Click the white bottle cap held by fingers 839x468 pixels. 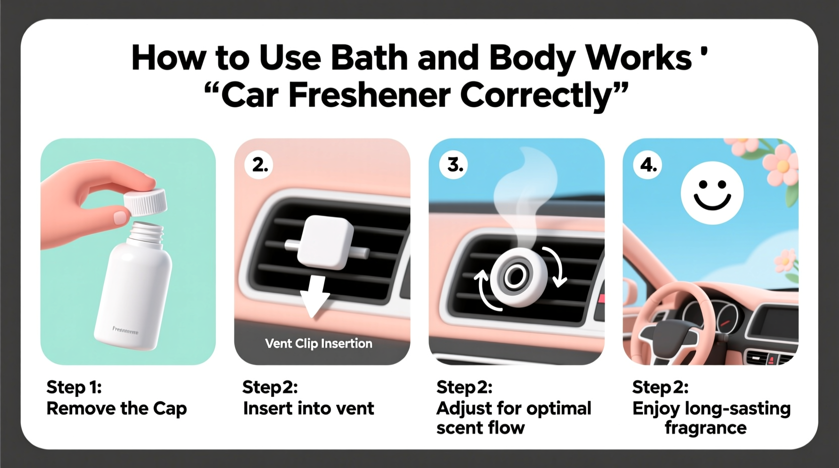(x=145, y=202)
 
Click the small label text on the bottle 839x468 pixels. (x=125, y=330)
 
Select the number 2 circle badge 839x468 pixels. (x=259, y=165)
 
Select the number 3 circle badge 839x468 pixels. (x=454, y=165)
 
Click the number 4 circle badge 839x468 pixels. (x=648, y=165)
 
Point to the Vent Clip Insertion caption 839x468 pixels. (x=319, y=343)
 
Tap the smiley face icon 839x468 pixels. (x=711, y=193)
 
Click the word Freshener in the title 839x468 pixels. (x=369, y=95)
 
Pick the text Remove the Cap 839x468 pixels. (x=116, y=408)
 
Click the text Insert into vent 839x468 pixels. (x=309, y=408)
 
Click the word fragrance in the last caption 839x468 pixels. (x=705, y=428)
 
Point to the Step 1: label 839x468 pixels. (x=74, y=387)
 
